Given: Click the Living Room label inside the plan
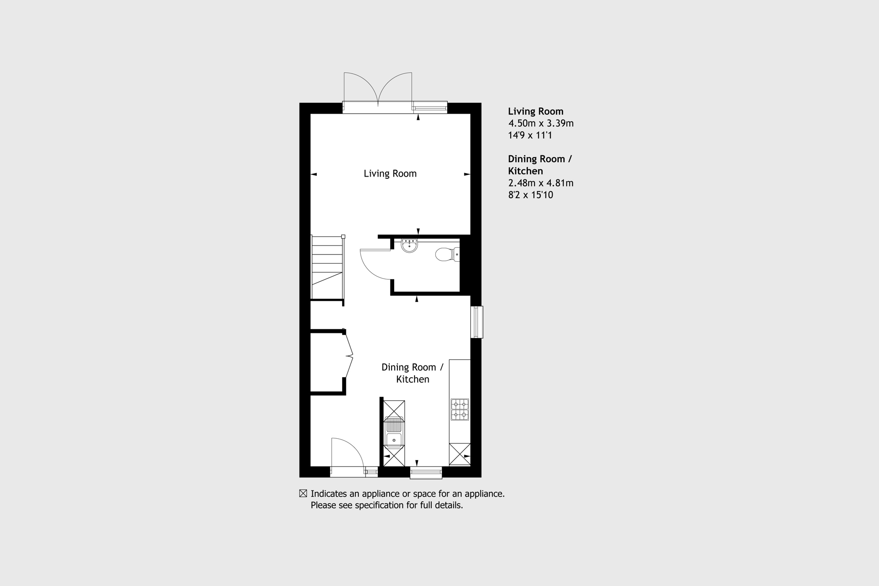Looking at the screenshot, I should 390,173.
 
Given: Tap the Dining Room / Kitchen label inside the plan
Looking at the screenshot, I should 412,373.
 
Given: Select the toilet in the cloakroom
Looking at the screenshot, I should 446,254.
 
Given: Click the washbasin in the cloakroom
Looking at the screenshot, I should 409,245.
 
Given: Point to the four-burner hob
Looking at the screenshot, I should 459,409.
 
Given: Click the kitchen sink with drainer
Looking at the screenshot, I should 394,432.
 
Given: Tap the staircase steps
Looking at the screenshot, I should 327,267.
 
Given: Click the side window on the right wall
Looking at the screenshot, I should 477,322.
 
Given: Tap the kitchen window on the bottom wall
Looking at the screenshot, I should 426,473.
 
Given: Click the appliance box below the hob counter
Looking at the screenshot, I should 459,454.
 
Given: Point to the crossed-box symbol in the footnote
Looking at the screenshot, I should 303,494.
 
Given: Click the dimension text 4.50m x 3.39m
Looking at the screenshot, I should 540,123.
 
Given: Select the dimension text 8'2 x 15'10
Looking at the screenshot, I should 530,195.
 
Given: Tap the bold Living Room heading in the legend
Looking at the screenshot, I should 535,111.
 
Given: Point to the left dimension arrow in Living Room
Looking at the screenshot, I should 314,174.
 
